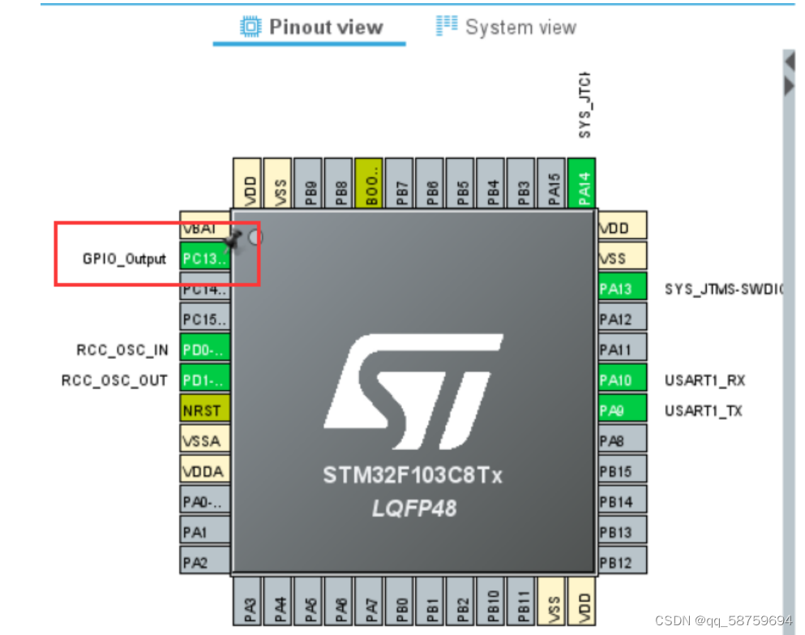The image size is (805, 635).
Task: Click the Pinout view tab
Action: (x=312, y=27)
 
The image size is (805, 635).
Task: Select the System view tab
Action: (x=507, y=27)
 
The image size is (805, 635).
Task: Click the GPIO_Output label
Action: (x=124, y=260)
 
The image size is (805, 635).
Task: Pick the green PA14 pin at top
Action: (x=582, y=183)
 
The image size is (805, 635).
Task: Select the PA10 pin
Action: (x=622, y=380)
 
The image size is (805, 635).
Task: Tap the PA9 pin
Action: (x=622, y=410)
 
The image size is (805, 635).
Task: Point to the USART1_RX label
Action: (x=704, y=380)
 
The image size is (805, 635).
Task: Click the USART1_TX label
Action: (x=703, y=411)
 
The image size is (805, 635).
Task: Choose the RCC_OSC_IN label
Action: (x=122, y=350)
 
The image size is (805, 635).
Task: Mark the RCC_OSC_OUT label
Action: (x=114, y=380)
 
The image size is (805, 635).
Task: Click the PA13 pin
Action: (x=622, y=288)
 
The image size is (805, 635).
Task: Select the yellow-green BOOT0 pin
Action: (x=369, y=183)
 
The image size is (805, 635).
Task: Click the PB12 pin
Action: (x=622, y=561)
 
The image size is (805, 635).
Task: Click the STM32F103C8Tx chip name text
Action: (x=413, y=475)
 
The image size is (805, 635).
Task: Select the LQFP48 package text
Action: (x=413, y=508)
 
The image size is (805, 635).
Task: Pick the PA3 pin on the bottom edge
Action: (x=249, y=602)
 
